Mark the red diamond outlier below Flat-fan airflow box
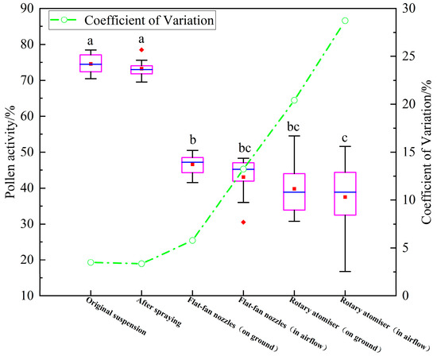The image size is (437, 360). click(x=243, y=222)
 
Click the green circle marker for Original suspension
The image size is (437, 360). click(x=91, y=262)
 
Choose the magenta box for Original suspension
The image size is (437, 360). click(x=91, y=64)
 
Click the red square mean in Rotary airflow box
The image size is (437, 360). click(x=345, y=196)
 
